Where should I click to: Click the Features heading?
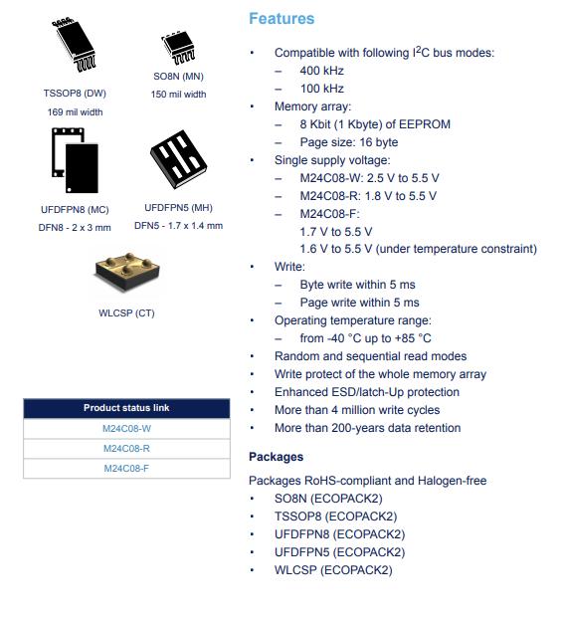pyautogui.click(x=282, y=19)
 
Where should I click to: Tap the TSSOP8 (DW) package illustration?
pyautogui.click(x=74, y=45)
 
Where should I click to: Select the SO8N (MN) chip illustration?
pyautogui.click(x=178, y=48)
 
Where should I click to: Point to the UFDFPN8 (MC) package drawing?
pyautogui.click(x=75, y=160)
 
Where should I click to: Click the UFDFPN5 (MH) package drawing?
pyautogui.click(x=179, y=158)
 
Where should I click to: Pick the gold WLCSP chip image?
pyautogui.click(x=127, y=272)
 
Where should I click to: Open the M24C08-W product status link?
pyautogui.click(x=126, y=429)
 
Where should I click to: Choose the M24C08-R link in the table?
pyautogui.click(x=126, y=448)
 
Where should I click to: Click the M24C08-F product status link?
pyautogui.click(x=126, y=468)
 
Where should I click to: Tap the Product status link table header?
pyautogui.click(x=126, y=408)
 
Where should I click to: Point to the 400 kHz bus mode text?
pyautogui.click(x=322, y=71)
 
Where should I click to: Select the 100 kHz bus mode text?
pyautogui.click(x=322, y=89)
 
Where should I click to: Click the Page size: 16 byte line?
pyautogui.click(x=349, y=142)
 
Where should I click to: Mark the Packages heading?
pyautogui.click(x=276, y=457)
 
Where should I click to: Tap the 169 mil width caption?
pyautogui.click(x=76, y=112)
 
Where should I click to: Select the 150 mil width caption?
pyautogui.click(x=179, y=95)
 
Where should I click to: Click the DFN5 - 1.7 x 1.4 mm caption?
pyautogui.click(x=179, y=226)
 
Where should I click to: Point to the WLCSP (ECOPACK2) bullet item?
pyautogui.click(x=333, y=570)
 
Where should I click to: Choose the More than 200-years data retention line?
pyautogui.click(x=367, y=428)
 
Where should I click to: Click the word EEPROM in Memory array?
pyautogui.click(x=425, y=124)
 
